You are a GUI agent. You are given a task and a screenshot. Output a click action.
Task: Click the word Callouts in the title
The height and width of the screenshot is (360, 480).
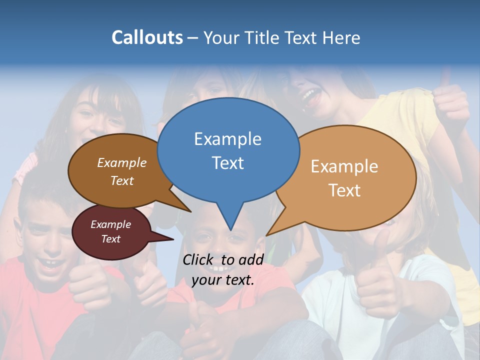pyautogui.click(x=147, y=37)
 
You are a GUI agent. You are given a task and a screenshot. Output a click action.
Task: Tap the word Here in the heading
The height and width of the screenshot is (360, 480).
pyautogui.click(x=342, y=37)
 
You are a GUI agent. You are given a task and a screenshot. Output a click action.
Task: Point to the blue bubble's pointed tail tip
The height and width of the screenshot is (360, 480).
pyautogui.click(x=230, y=229)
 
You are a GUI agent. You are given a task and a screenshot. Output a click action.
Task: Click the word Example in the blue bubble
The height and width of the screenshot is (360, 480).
pyautogui.click(x=227, y=139)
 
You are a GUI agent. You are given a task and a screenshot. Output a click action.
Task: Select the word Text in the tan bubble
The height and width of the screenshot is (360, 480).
pyautogui.click(x=344, y=190)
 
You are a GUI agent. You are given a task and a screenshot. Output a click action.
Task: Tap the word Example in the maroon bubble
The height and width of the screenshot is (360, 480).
pyautogui.click(x=110, y=224)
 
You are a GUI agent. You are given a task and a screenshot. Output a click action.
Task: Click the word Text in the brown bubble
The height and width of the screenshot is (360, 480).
pyautogui.click(x=122, y=181)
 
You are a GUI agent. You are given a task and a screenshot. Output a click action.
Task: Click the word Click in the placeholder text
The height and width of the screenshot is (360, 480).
pyautogui.click(x=198, y=259)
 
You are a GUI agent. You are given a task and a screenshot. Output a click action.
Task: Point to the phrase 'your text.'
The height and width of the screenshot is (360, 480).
pyautogui.click(x=223, y=280)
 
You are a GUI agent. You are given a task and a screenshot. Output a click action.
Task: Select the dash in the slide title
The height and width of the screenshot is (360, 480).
pyautogui.click(x=193, y=38)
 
